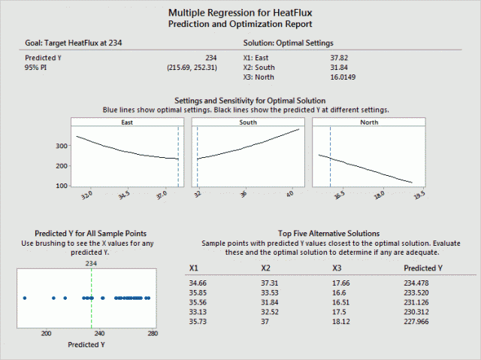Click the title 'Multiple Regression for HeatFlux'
tap(240, 13)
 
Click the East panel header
tap(125, 122)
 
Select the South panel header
tap(247, 122)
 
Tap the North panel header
tap(369, 122)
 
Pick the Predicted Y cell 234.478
tap(422, 282)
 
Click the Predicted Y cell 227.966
tap(422, 321)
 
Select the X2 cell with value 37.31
tap(270, 282)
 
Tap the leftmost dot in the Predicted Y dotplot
tap(25, 298)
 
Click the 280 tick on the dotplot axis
tap(153, 333)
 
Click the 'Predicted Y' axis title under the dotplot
tap(86, 345)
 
